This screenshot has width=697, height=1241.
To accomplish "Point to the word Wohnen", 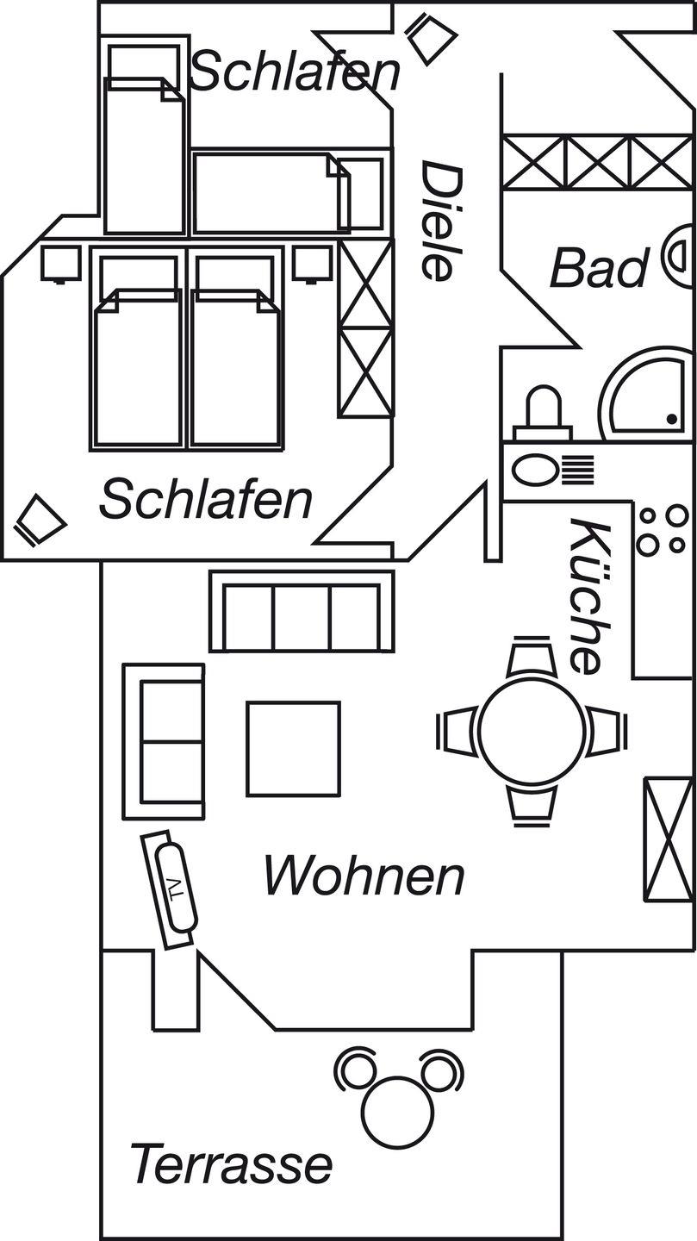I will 364,876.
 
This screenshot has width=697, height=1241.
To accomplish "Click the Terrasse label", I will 231,1163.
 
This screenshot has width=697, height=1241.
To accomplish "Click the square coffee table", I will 293,748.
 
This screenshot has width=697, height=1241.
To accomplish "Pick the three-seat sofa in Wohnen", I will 301,612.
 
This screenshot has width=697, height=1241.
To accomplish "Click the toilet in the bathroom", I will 542,411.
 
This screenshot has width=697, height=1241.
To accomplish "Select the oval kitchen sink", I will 536,471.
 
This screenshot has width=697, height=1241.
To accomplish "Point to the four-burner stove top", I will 662,529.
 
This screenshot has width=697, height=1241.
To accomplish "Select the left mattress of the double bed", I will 138,368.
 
